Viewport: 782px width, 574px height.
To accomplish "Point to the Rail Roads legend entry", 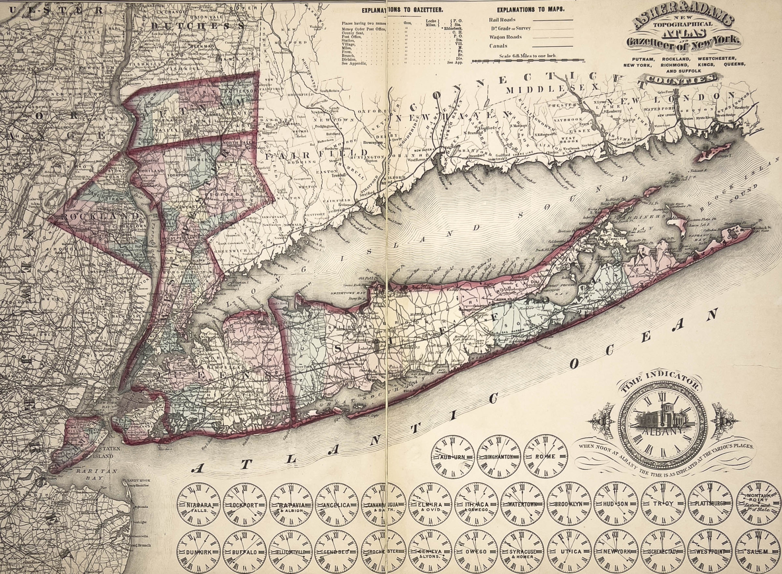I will pos(502,20).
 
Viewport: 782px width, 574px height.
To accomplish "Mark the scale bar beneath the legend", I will pos(527,61).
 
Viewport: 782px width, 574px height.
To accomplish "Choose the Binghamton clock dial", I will pos(499,456).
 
